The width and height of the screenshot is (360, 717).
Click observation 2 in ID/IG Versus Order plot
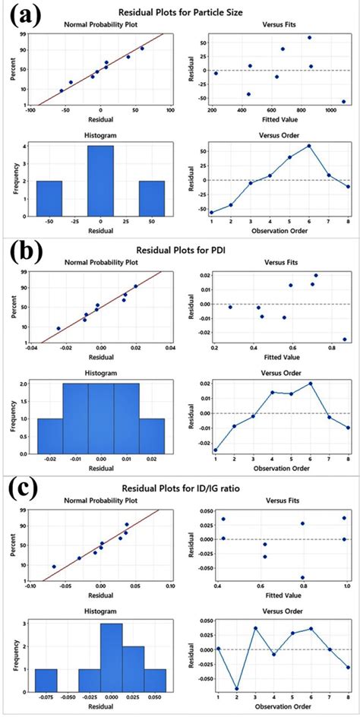coord(237,689)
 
